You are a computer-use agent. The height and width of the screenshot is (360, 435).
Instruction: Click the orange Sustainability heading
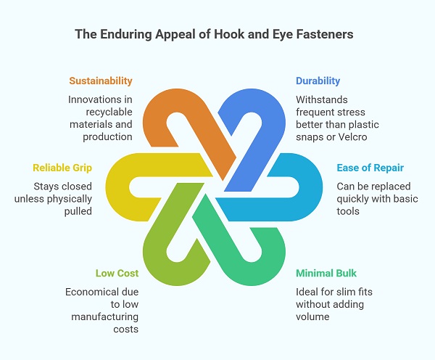point(101,81)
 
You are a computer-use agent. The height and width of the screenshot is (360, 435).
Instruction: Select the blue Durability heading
point(318,81)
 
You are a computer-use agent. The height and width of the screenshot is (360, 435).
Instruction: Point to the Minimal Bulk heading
point(326,274)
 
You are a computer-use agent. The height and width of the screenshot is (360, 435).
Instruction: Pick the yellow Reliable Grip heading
point(63,168)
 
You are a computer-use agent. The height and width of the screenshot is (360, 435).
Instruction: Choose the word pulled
point(78,211)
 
